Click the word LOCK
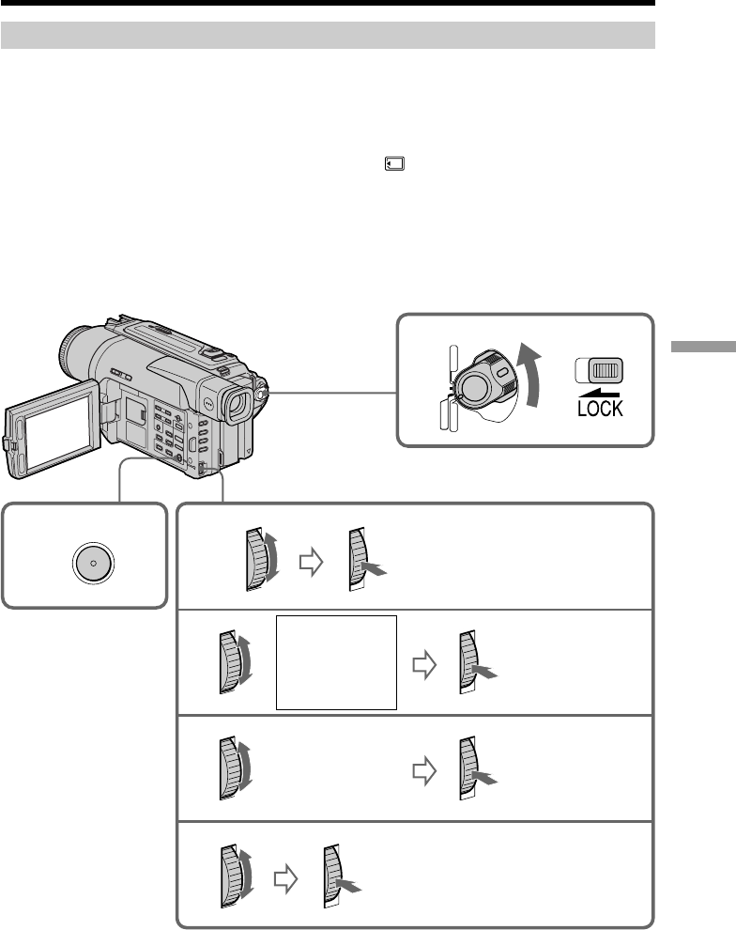(x=600, y=409)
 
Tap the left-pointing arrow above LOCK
(x=599, y=394)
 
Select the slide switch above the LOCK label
(x=599, y=370)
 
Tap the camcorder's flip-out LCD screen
(x=53, y=429)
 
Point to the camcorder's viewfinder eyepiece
(x=237, y=405)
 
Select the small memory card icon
(x=394, y=163)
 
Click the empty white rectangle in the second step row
(x=337, y=662)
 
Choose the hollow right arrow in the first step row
(x=311, y=562)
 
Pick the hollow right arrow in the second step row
(x=425, y=664)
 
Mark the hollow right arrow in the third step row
(x=425, y=771)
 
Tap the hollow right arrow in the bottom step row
(x=285, y=878)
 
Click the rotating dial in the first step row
(x=262, y=559)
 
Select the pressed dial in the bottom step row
(x=342, y=876)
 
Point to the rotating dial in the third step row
(x=236, y=768)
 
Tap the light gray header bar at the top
(x=328, y=36)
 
